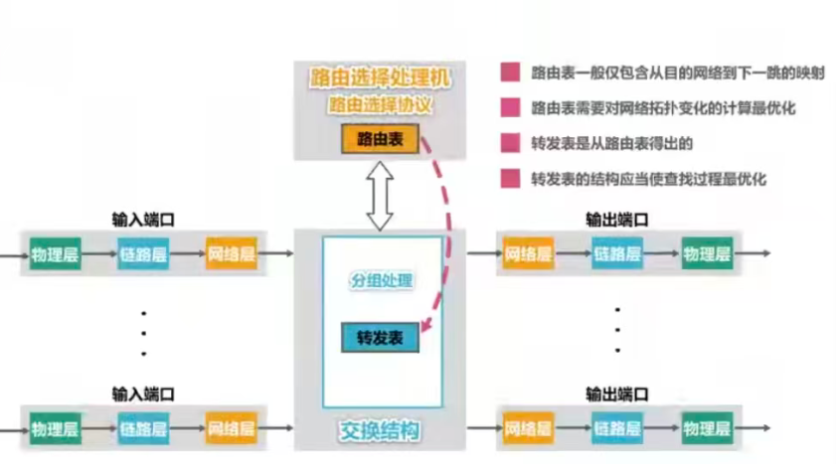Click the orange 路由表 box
pyautogui.click(x=379, y=139)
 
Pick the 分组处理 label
pyautogui.click(x=382, y=281)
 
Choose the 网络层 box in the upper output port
pyautogui.click(x=528, y=255)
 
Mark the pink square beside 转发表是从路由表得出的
pyautogui.click(x=510, y=143)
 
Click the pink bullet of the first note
pyautogui.click(x=510, y=73)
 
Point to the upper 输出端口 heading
pyautogui.click(x=617, y=220)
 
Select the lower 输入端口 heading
pyautogui.click(x=143, y=393)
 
